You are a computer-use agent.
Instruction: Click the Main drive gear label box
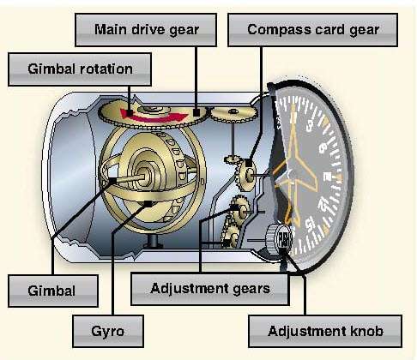coord(146,30)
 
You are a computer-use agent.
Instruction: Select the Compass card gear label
coord(312,30)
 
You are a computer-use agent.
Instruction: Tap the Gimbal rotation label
coord(80,69)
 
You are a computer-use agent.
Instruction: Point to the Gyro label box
coord(108,332)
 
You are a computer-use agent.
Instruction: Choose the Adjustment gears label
coord(210,289)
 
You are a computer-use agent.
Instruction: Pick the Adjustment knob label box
coord(325,332)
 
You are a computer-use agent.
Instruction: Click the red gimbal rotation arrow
coord(153,116)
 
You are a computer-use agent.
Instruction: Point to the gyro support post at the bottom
coord(153,241)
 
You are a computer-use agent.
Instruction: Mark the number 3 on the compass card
coord(309,124)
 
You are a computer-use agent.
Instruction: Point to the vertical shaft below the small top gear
coord(233,139)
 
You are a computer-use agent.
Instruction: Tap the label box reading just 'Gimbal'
coord(53,291)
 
